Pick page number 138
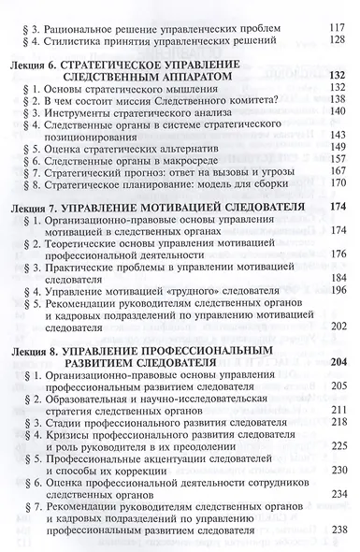pos(334,123)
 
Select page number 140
pos(334,138)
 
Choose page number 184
pos(334,306)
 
